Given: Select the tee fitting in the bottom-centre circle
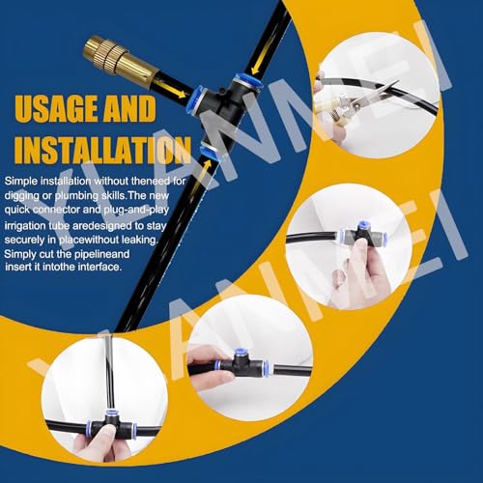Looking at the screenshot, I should (243, 364).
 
